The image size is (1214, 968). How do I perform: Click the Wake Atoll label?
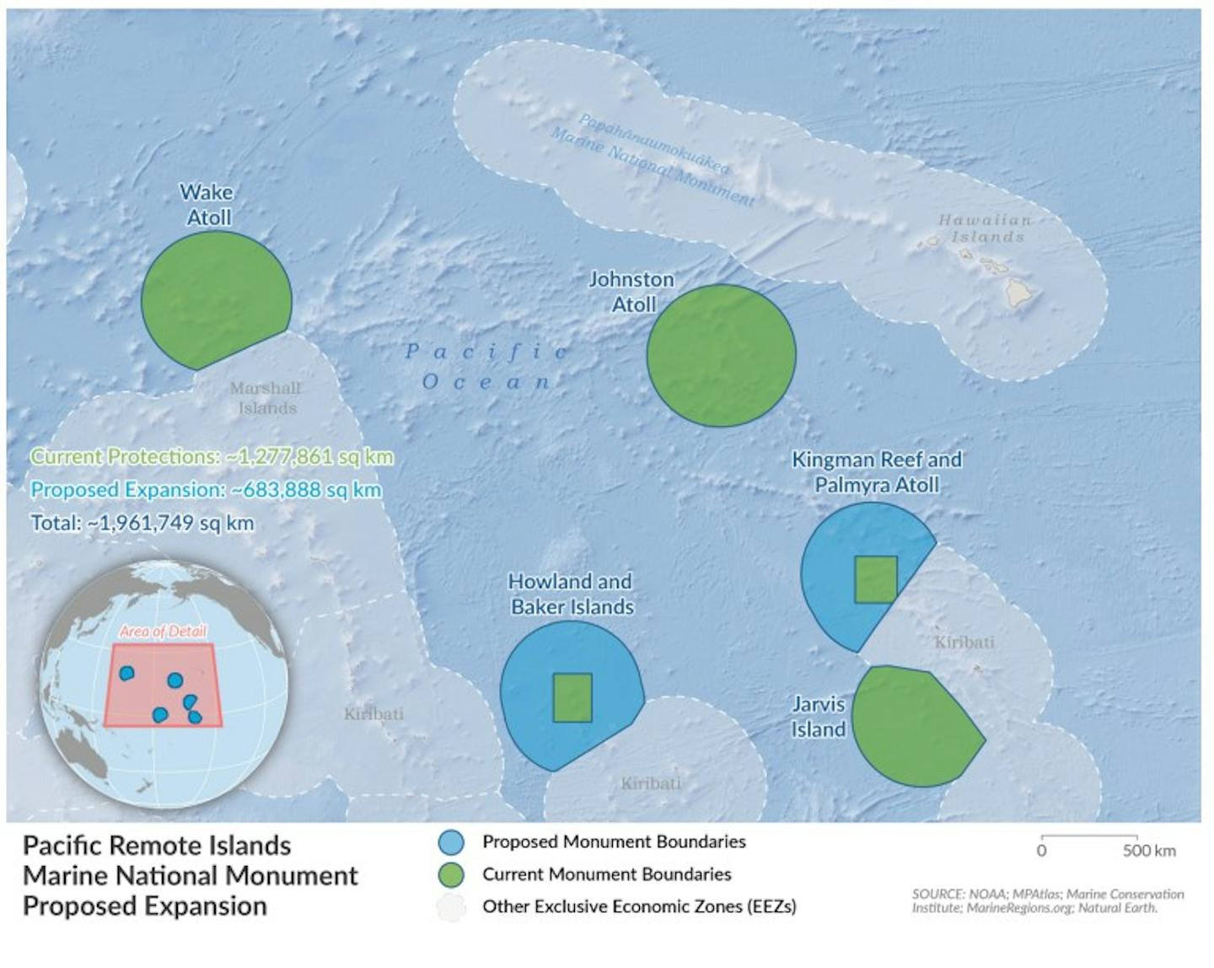[207, 205]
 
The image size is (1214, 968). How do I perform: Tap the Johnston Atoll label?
[631, 292]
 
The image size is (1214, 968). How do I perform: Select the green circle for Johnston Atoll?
[721, 355]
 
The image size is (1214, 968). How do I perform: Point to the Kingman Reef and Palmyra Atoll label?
[876, 472]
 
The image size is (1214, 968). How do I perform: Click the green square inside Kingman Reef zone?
[875, 580]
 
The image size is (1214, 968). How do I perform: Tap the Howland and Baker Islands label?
[571, 594]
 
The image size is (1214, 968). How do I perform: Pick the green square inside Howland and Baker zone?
[572, 697]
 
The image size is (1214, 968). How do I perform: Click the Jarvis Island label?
[818, 717]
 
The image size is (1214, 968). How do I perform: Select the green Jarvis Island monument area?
[915, 727]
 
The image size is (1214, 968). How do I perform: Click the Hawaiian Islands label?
[986, 229]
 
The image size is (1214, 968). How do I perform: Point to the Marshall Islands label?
[266, 398]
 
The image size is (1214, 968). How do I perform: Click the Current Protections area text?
[212, 457]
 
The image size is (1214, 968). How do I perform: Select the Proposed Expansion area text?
[206, 490]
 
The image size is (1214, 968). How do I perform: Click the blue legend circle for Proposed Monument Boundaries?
[452, 842]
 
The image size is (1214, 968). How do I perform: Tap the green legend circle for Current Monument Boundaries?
[452, 874]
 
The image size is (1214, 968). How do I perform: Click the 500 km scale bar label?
[1148, 850]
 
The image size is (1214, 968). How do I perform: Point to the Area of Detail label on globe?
[163, 632]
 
